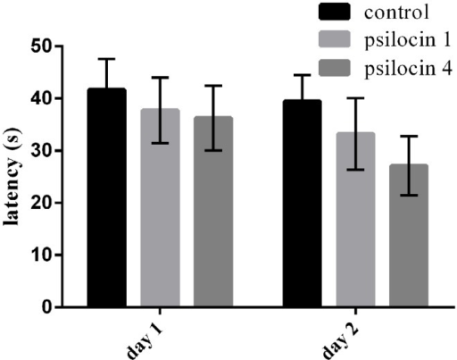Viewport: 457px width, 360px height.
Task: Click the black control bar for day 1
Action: pyautogui.click(x=106, y=197)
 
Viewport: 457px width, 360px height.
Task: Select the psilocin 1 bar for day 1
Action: pyautogui.click(x=160, y=207)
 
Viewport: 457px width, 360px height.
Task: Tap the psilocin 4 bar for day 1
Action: pyautogui.click(x=213, y=212)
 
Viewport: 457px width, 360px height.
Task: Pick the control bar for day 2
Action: pyautogui.click(x=302, y=204)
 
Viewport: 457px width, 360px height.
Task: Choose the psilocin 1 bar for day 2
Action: pyautogui.click(x=355, y=220)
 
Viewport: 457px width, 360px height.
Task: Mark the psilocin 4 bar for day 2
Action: pyautogui.click(x=409, y=235)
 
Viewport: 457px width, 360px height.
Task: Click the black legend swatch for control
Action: pyautogui.click(x=335, y=12)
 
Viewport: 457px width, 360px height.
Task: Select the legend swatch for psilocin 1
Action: pyautogui.click(x=335, y=39)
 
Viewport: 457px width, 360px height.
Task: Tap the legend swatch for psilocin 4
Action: pyautogui.click(x=335, y=68)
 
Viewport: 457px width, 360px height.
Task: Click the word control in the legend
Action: pyautogui.click(x=396, y=13)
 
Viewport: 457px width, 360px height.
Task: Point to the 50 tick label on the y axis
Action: pyautogui.click(x=42, y=46)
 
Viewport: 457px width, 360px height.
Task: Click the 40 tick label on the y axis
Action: pyautogui.click(x=42, y=98)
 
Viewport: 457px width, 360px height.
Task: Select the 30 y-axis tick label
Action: pyautogui.click(x=42, y=151)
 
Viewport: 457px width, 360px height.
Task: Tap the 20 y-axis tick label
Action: pyautogui.click(x=42, y=203)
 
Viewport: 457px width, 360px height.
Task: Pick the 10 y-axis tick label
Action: pyautogui.click(x=42, y=255)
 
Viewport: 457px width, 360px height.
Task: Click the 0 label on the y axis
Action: pyautogui.click(x=47, y=307)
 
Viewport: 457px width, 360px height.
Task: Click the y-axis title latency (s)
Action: pyautogui.click(x=12, y=176)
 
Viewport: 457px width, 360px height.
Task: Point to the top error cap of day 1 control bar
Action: pyautogui.click(x=106, y=59)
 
